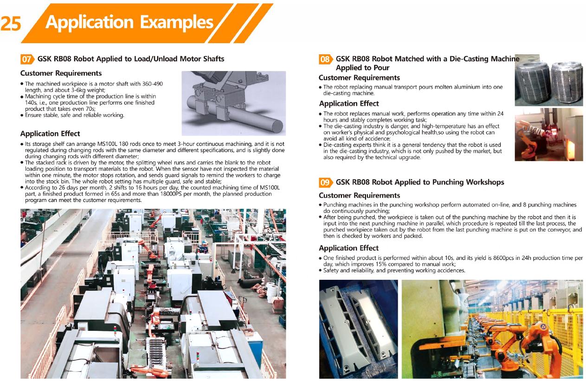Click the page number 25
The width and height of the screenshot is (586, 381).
click(x=11, y=24)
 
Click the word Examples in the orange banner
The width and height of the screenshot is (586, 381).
click(x=177, y=22)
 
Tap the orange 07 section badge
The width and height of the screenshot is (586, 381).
click(x=27, y=59)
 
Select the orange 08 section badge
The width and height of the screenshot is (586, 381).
click(x=325, y=59)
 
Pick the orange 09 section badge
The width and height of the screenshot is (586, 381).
click(x=325, y=182)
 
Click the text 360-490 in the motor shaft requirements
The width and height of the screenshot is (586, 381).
click(x=153, y=84)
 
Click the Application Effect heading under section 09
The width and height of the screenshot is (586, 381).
click(x=349, y=248)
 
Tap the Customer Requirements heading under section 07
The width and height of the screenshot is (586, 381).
click(x=61, y=73)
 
